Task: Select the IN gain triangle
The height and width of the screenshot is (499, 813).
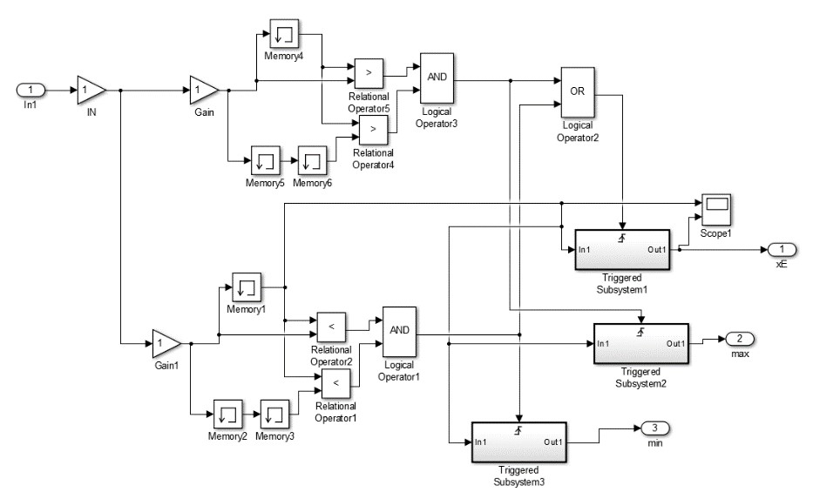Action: point(91,90)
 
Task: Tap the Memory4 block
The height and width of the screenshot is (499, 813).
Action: point(284,33)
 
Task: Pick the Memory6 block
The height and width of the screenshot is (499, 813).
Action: point(312,162)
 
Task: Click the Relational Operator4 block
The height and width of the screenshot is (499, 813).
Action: point(374,128)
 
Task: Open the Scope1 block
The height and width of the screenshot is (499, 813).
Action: point(715,207)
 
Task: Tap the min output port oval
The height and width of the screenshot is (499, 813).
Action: point(654,428)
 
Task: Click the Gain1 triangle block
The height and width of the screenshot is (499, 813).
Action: point(166,343)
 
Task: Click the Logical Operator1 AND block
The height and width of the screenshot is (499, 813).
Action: point(398,332)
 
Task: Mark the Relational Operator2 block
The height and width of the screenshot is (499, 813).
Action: point(331,326)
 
